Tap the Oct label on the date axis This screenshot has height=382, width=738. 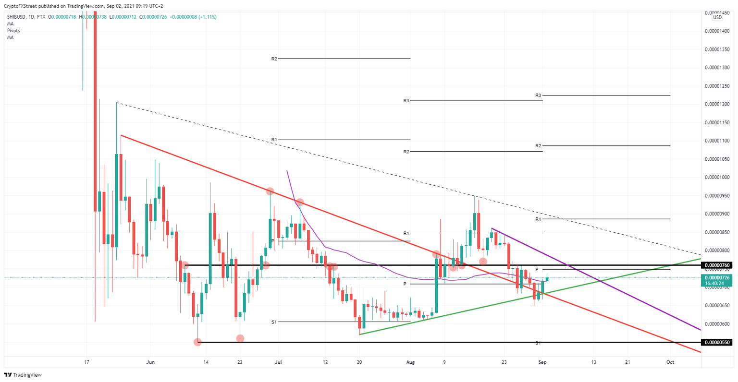[670, 362]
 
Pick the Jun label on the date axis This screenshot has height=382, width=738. [151, 362]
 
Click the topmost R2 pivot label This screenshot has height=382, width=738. [274, 59]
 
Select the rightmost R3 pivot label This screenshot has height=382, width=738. [538, 95]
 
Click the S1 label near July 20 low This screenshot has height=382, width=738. [274, 322]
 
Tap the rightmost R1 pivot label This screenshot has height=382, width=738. [538, 219]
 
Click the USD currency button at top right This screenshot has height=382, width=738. [717, 17]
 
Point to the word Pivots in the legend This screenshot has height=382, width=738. [13, 30]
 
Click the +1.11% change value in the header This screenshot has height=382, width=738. [207, 17]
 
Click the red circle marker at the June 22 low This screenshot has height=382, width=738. [240, 338]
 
